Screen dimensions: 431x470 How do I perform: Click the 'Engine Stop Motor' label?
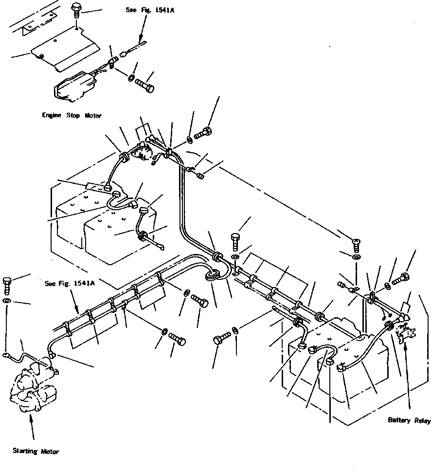72,115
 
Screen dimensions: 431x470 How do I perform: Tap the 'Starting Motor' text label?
36,452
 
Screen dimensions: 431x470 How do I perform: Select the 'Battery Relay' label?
409,420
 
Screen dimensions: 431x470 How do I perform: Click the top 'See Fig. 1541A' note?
150,10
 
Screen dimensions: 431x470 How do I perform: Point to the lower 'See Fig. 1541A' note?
70,283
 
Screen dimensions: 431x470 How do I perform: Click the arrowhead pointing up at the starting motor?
31,417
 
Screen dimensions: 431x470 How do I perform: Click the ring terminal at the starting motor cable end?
6,356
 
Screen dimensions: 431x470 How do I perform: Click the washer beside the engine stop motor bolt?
131,78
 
